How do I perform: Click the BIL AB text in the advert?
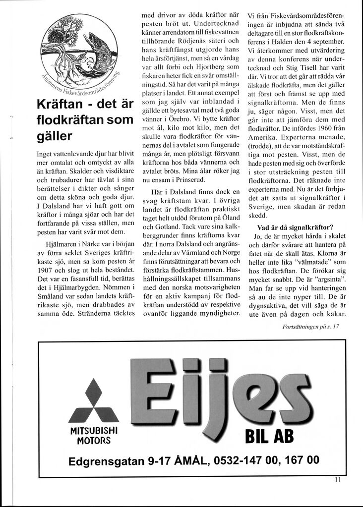266,437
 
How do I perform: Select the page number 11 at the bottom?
338,479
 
